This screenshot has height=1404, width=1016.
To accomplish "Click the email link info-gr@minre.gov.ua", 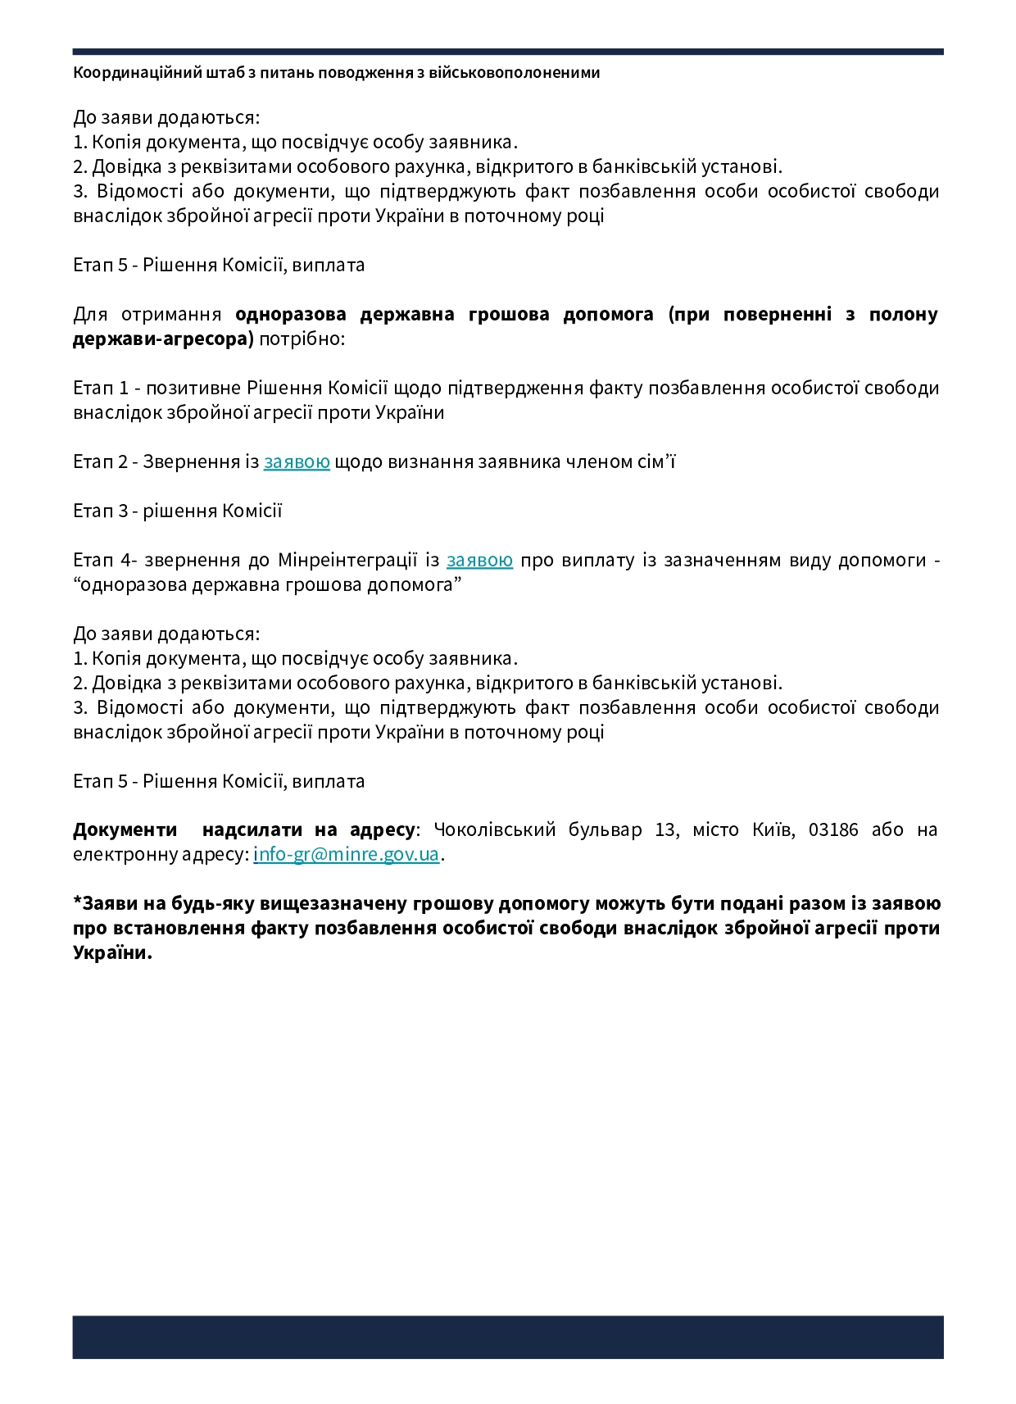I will pos(346,854).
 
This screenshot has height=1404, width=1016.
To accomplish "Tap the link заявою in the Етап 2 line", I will pos(297,461).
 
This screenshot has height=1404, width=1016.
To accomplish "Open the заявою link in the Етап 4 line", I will pos(479,560).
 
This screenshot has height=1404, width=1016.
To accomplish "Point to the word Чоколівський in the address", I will pos(495,829).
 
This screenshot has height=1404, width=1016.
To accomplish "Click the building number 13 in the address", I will pos(665,829).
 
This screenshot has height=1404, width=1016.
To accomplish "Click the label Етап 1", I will pos(101,388).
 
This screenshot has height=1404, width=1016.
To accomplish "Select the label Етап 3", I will pos(101,511).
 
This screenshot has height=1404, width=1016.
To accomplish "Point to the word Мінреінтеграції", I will pos(348,560).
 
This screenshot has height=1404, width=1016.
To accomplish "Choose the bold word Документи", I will pos(125,829).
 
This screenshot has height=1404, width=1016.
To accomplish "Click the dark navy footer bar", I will pos(508,1337).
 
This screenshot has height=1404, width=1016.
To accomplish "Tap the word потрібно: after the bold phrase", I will pos(302,339).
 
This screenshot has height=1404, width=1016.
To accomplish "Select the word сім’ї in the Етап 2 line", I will pos(656,461).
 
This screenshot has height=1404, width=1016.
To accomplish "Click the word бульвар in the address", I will pos(606,829).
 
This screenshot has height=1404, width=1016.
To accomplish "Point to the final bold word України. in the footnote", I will pos(112,952).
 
